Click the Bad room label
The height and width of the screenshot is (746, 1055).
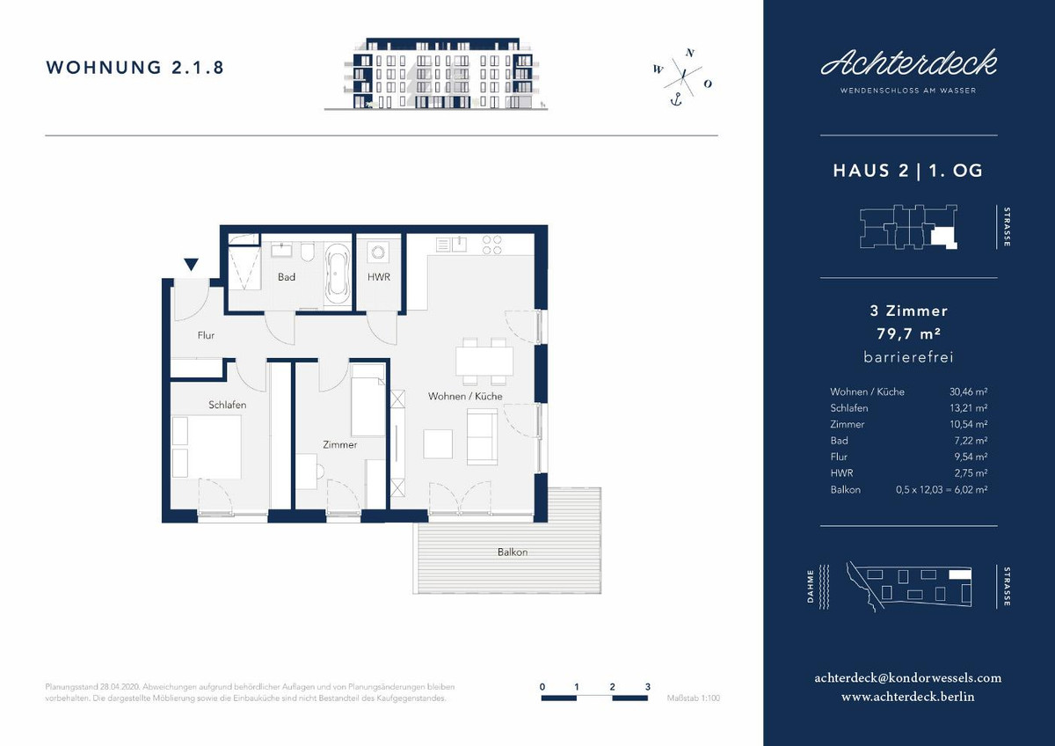click(287, 277)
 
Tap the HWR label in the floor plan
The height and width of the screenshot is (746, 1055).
click(379, 277)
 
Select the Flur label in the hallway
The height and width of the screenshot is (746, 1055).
click(206, 335)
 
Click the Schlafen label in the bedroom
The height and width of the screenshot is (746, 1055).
click(227, 405)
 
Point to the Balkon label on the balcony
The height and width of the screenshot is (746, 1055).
click(513, 552)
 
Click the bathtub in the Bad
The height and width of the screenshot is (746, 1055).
click(338, 274)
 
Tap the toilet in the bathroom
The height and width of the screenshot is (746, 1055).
click(308, 252)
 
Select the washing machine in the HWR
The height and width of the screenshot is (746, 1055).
click(378, 252)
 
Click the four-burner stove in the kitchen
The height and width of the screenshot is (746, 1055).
click(491, 245)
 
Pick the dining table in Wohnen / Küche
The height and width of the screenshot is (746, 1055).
click(484, 362)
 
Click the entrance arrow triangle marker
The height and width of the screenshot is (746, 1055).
click(191, 265)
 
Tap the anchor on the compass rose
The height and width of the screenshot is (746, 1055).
click(676, 99)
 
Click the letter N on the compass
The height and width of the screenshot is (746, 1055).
click(690, 53)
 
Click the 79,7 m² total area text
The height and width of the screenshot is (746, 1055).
click(908, 333)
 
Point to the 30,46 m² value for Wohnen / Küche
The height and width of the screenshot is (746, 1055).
click(968, 391)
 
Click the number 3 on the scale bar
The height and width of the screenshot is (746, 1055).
click(648, 687)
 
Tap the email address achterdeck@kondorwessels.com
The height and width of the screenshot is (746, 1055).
click(908, 678)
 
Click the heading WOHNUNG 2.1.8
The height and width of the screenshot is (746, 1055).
click(135, 68)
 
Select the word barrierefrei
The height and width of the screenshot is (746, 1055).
click(908, 357)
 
